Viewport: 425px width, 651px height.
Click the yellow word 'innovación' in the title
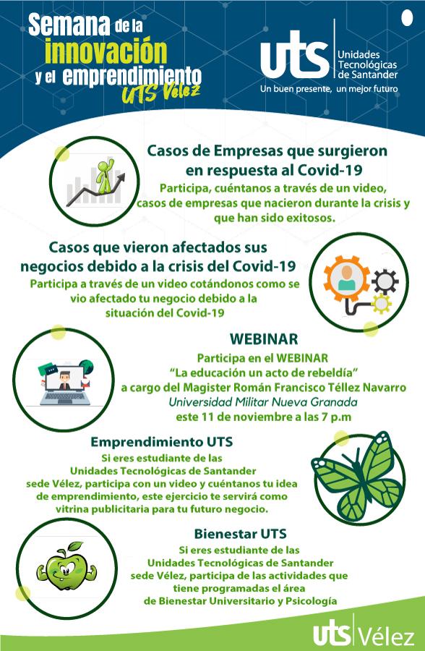coord(106,51)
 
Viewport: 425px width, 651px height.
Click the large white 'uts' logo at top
coord(294,54)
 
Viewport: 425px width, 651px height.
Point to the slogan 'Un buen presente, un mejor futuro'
coord(329,89)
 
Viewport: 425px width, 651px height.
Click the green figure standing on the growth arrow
coord(104,175)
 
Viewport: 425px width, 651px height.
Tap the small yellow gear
coord(381,304)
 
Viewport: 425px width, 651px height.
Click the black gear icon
coord(385,282)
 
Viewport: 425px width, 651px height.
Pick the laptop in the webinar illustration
coord(65,386)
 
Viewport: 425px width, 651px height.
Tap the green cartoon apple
coord(66,566)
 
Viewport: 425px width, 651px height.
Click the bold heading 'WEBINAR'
coord(264,339)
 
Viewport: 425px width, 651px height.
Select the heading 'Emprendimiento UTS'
coord(161,441)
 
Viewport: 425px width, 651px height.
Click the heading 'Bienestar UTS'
coord(240,534)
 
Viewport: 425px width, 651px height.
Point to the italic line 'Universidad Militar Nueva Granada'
coord(262,402)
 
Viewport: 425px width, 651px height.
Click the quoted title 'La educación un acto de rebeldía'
coord(264,373)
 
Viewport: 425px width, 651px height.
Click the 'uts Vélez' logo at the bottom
coord(364,634)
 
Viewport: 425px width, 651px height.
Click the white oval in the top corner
coord(408,18)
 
